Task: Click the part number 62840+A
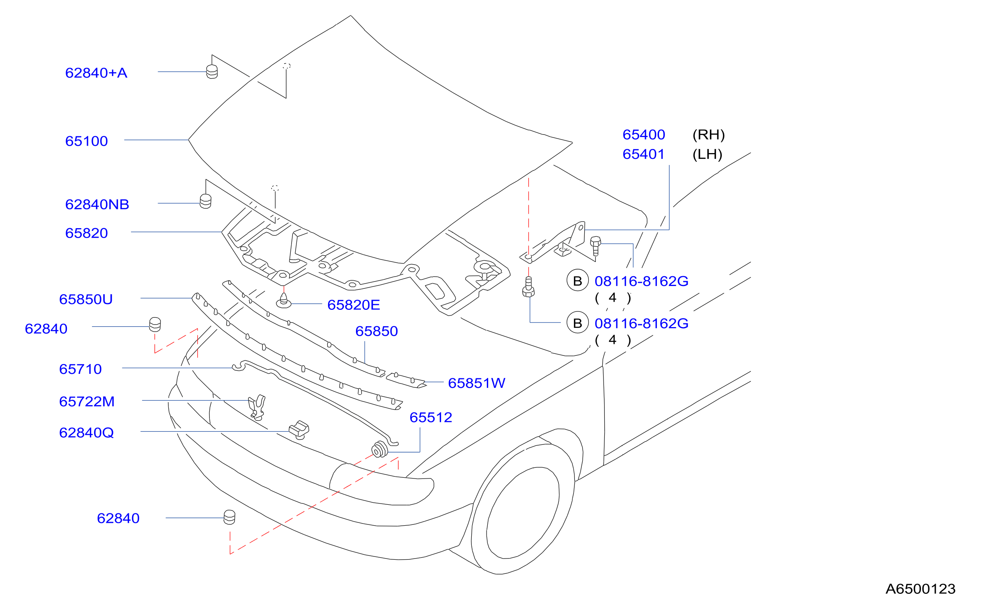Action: pos(96,73)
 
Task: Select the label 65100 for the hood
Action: pos(87,141)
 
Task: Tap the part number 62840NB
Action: pos(97,204)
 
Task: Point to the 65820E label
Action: pos(354,305)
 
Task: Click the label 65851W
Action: pos(476,383)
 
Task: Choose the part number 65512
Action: pos(431,417)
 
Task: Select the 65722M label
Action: pos(87,401)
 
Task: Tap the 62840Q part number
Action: pos(86,433)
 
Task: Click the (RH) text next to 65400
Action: pos(709,135)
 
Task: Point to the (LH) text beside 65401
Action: pos(707,154)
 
